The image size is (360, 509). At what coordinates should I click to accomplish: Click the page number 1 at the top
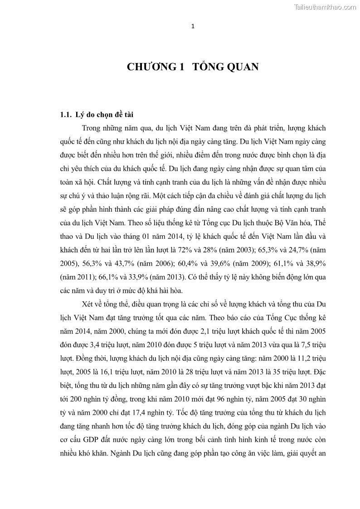[x=193, y=26]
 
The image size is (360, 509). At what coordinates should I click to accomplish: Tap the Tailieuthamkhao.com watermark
[x=325, y=7]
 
